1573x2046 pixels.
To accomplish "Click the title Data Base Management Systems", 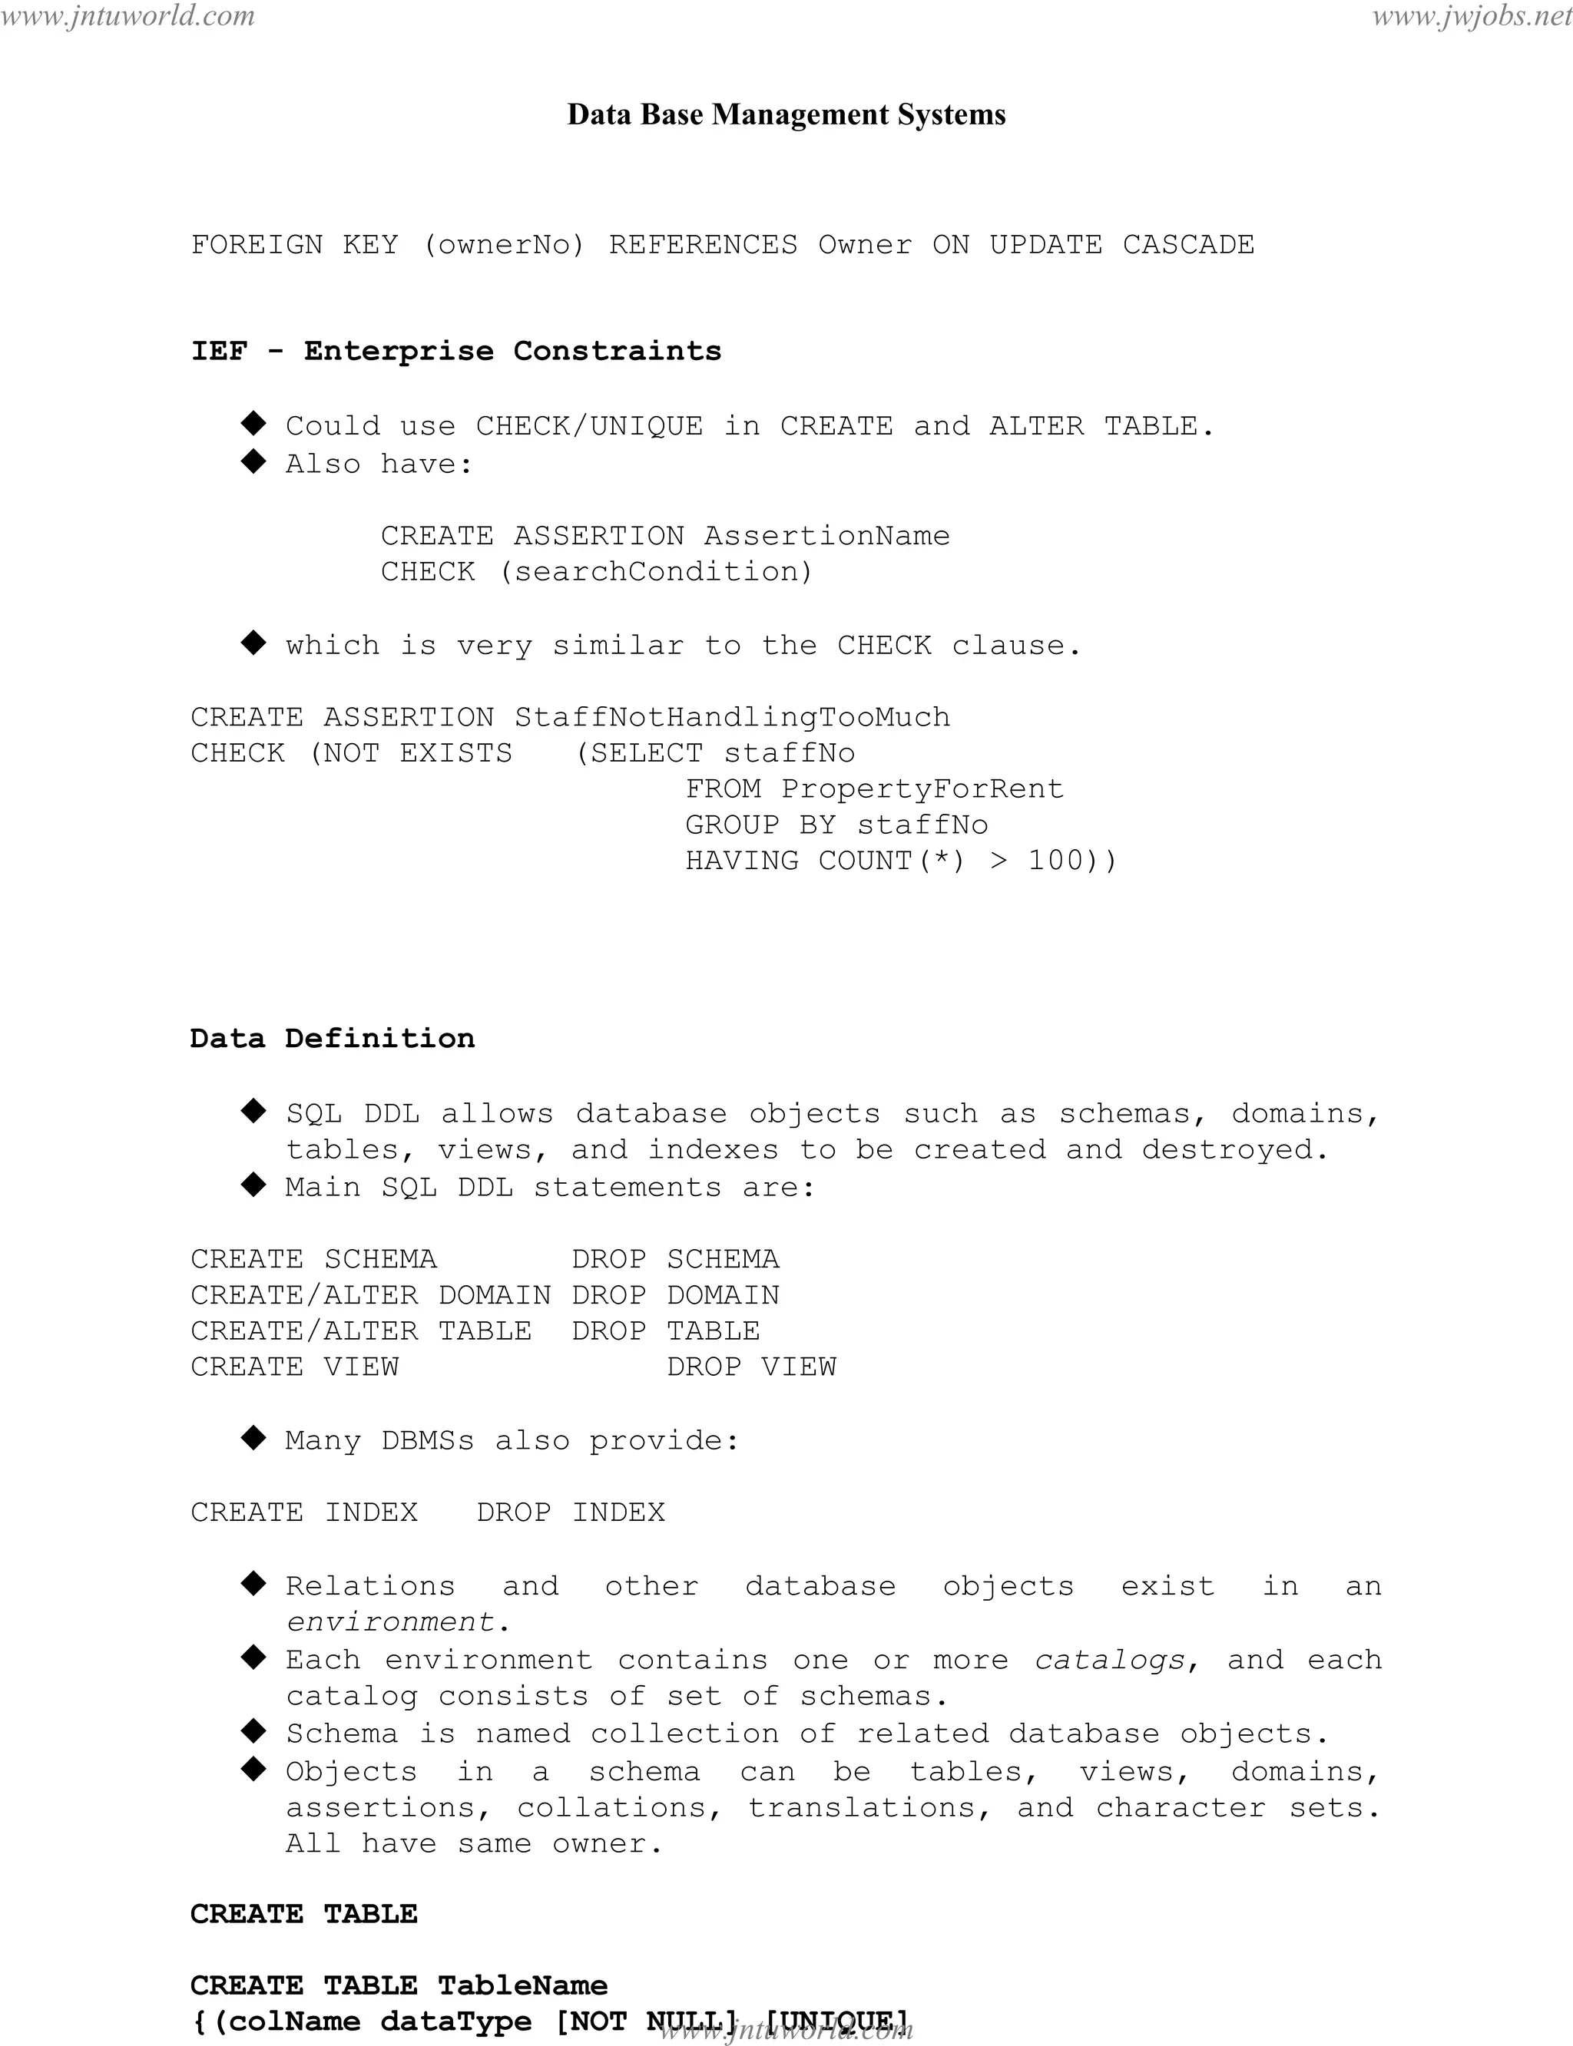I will [786, 114].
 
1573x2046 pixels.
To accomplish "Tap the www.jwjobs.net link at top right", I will [1472, 16].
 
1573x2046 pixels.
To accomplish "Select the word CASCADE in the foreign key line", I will [1188, 244].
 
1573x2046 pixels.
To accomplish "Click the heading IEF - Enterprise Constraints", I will [456, 351].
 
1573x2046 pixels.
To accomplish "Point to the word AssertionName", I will [826, 535].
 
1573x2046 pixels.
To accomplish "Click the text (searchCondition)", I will [655, 571].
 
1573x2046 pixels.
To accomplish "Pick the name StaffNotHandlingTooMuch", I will [732, 717].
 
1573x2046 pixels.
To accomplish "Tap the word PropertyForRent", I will [922, 789].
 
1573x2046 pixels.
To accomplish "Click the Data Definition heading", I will [333, 1038].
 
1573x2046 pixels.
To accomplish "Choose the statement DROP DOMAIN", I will [676, 1295].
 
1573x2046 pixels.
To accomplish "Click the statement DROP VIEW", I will [751, 1367].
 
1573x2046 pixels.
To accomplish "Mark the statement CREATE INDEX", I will [304, 1512].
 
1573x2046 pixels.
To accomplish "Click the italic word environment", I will [389, 1621].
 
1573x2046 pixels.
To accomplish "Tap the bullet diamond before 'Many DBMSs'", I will [253, 1439].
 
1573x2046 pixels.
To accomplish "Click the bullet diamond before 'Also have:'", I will [253, 461].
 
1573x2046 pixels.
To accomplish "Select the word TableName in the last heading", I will [522, 1985].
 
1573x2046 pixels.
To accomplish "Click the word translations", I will [860, 1807].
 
